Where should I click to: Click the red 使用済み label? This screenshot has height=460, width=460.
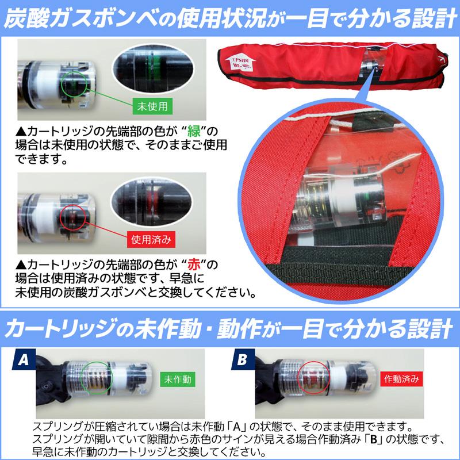[150, 237]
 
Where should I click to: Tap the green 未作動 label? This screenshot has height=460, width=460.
[178, 380]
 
